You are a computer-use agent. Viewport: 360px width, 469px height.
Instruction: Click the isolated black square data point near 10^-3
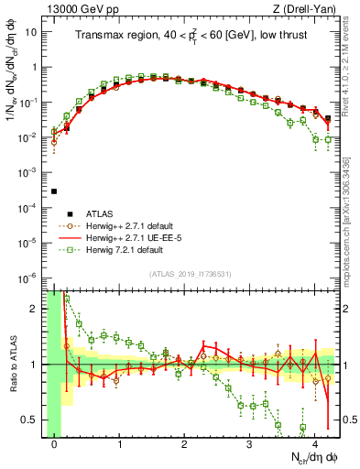(x=54, y=191)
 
